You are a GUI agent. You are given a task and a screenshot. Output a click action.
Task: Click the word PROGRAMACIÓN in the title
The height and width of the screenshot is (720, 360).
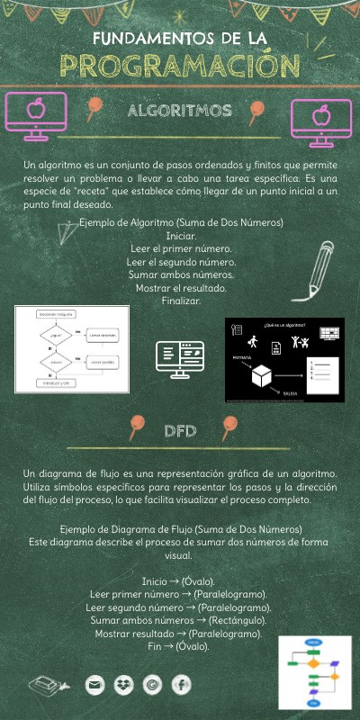click(x=179, y=65)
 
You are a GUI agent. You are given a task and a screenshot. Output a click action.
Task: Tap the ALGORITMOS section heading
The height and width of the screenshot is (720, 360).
click(x=180, y=111)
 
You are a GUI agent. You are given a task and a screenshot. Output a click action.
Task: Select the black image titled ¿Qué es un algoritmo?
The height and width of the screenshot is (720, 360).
click(x=283, y=358)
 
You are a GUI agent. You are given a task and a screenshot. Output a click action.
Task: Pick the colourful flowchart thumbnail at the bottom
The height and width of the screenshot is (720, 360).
click(x=314, y=672)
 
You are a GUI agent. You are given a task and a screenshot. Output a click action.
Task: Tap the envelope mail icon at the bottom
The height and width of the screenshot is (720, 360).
click(x=94, y=686)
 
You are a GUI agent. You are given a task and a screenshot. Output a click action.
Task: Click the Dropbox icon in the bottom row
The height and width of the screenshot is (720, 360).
click(x=122, y=686)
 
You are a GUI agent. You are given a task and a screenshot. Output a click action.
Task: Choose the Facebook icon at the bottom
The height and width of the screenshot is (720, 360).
click(x=180, y=686)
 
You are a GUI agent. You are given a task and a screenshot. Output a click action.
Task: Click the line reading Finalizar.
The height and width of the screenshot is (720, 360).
click(x=181, y=301)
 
